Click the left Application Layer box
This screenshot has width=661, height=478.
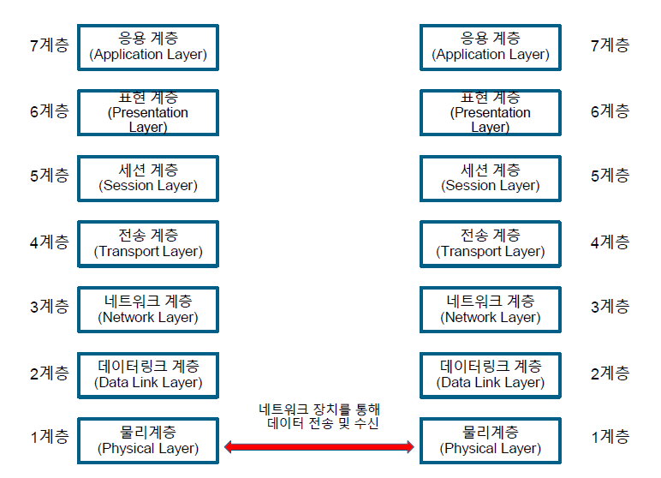148,46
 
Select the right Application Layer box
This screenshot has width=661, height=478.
491,46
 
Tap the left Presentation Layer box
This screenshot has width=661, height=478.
148,112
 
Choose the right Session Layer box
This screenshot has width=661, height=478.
491,178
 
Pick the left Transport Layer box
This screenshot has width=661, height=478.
148,243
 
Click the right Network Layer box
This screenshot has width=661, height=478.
491,309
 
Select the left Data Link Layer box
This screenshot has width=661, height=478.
148,375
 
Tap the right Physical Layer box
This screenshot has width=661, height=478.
491,440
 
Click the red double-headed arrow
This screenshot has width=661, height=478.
319,446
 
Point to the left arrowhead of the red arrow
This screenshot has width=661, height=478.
229,446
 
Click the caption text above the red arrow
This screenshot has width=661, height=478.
319,416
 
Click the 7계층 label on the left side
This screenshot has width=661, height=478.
49,45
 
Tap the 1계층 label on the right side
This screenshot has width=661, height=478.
610,438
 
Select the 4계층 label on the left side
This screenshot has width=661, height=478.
49,242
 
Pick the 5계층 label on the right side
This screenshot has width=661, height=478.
610,176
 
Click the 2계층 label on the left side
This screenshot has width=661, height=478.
49,373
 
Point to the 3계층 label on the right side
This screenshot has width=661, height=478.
610,307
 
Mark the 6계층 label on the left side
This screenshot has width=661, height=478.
49,111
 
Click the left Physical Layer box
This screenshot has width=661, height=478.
148,440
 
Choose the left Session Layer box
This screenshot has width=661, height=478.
148,178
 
